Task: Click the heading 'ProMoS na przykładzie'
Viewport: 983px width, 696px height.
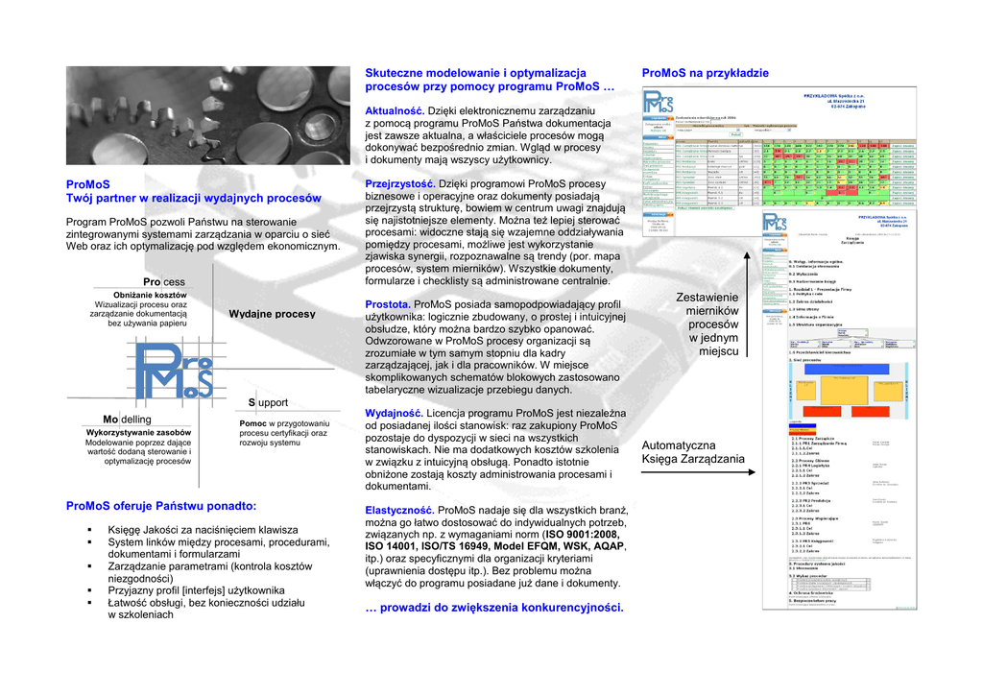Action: [705, 73]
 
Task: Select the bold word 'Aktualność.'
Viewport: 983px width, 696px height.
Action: [395, 111]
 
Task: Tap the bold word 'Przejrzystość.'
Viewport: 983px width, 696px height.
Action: [400, 183]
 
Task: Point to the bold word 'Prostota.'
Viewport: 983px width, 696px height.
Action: [388, 304]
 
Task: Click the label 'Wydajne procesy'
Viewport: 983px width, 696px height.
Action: [272, 314]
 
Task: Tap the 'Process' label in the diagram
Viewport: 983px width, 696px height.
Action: [163, 281]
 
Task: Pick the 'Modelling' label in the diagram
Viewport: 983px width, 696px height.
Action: [127, 420]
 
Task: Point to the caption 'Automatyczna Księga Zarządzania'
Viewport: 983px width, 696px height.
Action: [692, 452]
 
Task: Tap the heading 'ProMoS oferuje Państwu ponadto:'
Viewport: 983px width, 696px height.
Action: [160, 505]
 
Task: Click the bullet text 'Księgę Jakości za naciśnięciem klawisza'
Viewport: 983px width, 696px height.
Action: [203, 529]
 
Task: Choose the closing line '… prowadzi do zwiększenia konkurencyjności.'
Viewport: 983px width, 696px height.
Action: [494, 607]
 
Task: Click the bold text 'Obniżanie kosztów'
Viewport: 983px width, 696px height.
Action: [150, 295]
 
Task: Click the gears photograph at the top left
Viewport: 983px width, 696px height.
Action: [207, 116]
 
